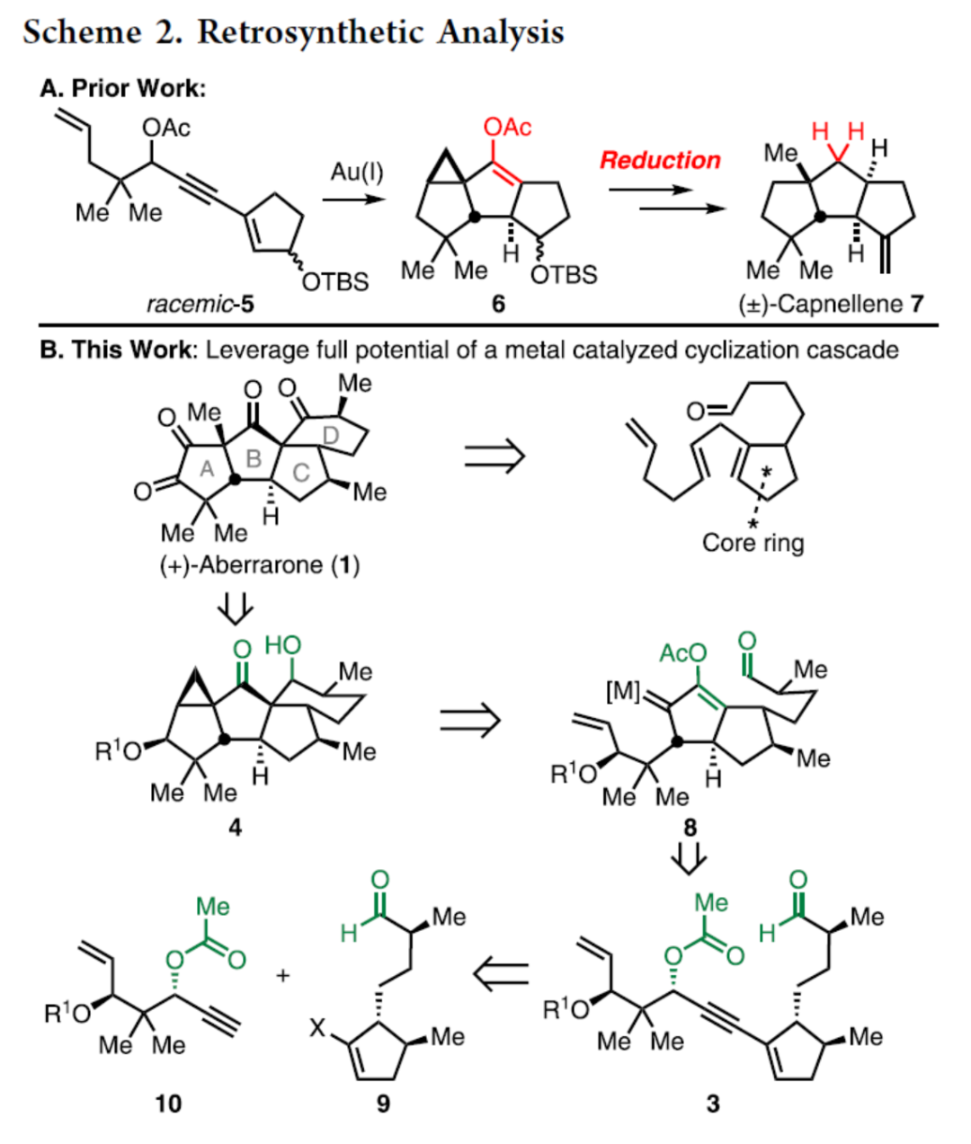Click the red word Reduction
[x=660, y=161]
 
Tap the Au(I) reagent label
[x=356, y=171]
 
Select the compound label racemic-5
[x=200, y=304]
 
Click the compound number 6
[x=498, y=304]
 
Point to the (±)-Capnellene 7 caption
[x=830, y=304]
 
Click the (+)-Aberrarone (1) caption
[x=260, y=565]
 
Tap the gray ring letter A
[x=207, y=467]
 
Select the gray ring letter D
[x=330, y=434]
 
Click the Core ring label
[x=753, y=543]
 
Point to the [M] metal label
[x=624, y=691]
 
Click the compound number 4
[x=235, y=826]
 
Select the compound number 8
[x=690, y=826]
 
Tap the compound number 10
[x=168, y=1103]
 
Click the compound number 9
[x=383, y=1103]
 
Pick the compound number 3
[x=712, y=1103]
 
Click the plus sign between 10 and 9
[x=283, y=974]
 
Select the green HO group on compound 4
[x=283, y=646]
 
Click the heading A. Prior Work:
[x=123, y=88]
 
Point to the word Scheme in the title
[x=82, y=32]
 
